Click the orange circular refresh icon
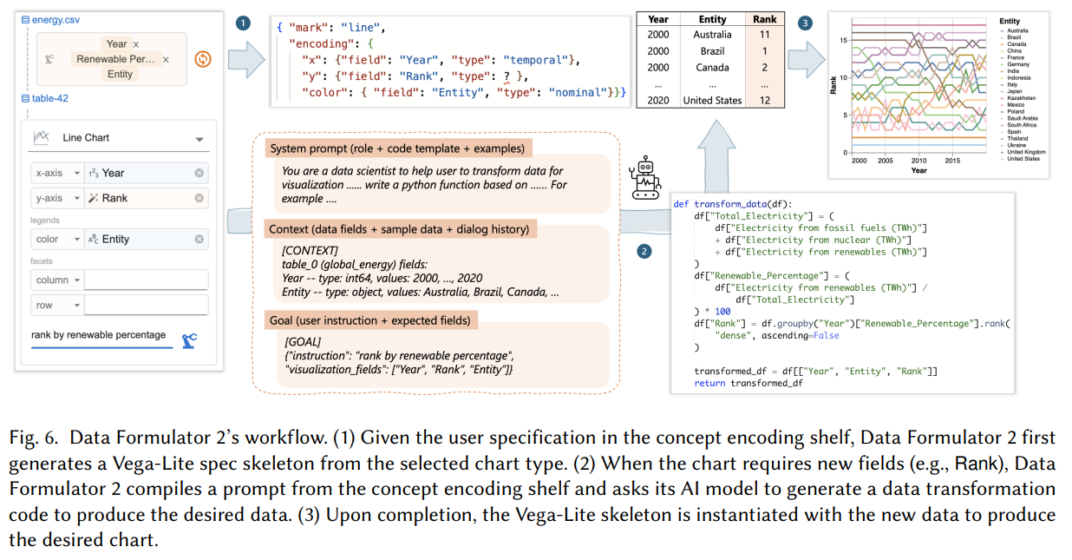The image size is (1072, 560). [202, 59]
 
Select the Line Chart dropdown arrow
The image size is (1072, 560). [199, 139]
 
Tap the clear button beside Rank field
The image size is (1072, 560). [199, 198]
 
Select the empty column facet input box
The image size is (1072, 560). [146, 280]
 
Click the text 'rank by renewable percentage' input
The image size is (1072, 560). [98, 335]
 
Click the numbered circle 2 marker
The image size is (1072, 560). [644, 252]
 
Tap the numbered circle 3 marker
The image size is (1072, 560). [806, 23]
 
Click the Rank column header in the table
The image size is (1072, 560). [765, 19]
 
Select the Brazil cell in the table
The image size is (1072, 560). [712, 51]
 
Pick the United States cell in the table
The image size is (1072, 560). [712, 100]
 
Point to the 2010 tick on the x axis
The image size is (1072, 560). [918, 161]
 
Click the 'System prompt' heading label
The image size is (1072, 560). [396, 148]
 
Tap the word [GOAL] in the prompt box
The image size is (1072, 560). [303, 343]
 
